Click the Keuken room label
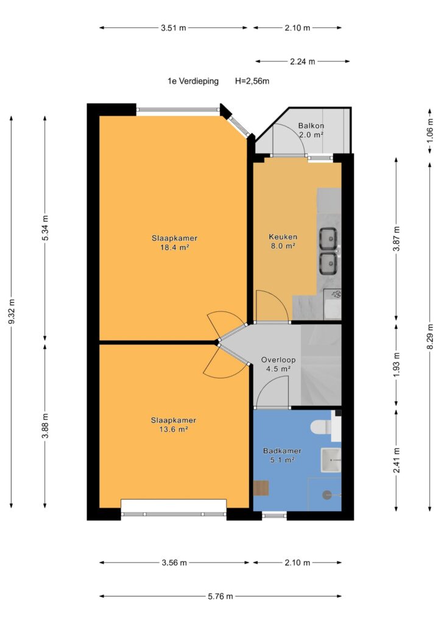tap(283, 241)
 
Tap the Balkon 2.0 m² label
tap(311, 130)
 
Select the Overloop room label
tap(278, 364)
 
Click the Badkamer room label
tap(282, 455)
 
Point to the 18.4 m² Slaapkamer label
tap(174, 243)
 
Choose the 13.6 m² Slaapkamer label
tap(174, 425)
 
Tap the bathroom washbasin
tap(331, 460)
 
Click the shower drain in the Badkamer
tap(327, 495)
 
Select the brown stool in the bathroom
tap(261, 488)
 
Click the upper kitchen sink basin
tap(329, 238)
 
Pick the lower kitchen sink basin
tap(329, 263)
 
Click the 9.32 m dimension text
tap(12, 311)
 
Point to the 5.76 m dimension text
tap(220, 596)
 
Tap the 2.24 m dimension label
tap(302, 62)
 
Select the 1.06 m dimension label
tap(430, 130)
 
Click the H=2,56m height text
tap(252, 81)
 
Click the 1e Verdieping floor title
tap(193, 81)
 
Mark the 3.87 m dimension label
tap(396, 238)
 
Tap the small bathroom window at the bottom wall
tap(274, 516)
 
